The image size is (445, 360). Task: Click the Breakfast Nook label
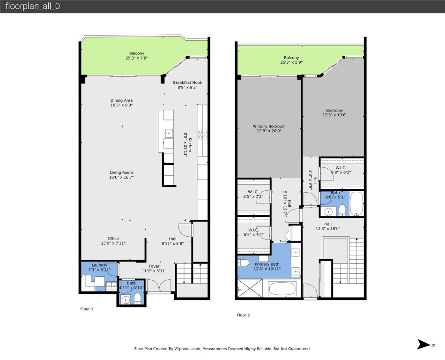[x=189, y=82]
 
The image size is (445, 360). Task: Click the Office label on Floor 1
[x=113, y=238]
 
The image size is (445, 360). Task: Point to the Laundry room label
[x=99, y=265]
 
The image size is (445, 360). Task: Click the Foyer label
[x=154, y=266]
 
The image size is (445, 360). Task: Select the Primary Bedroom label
[x=269, y=126]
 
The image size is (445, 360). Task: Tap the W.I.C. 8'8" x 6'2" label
[x=341, y=168]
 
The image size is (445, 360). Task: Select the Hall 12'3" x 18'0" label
[x=328, y=224]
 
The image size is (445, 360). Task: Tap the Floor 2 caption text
[x=243, y=315]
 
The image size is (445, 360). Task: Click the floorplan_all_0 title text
[x=32, y=6]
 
